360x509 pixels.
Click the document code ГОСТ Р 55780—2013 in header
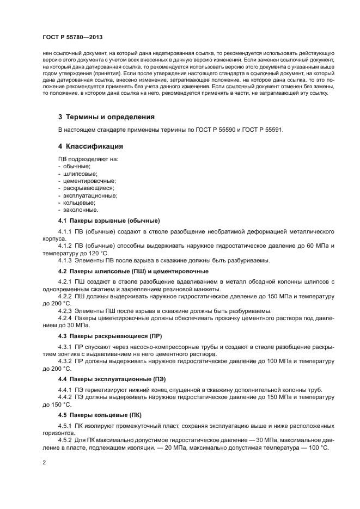(x=72, y=37)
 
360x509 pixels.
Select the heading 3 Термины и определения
(x=106, y=116)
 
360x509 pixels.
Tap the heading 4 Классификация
(x=90, y=146)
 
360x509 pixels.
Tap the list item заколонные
(x=81, y=209)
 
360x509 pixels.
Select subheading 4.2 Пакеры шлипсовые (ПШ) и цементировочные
(x=133, y=271)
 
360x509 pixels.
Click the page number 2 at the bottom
(x=44, y=462)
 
